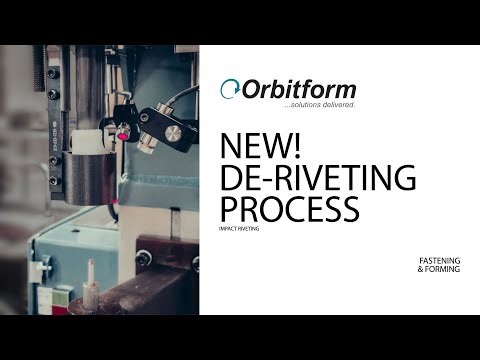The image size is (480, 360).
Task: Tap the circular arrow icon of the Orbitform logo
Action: (x=230, y=89)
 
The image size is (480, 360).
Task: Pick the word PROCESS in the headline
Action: (x=289, y=210)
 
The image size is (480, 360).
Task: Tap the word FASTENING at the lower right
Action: (x=439, y=263)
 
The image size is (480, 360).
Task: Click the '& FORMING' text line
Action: (x=439, y=272)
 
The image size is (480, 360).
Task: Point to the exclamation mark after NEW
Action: (x=297, y=146)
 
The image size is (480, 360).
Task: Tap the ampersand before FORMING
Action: (x=422, y=272)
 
